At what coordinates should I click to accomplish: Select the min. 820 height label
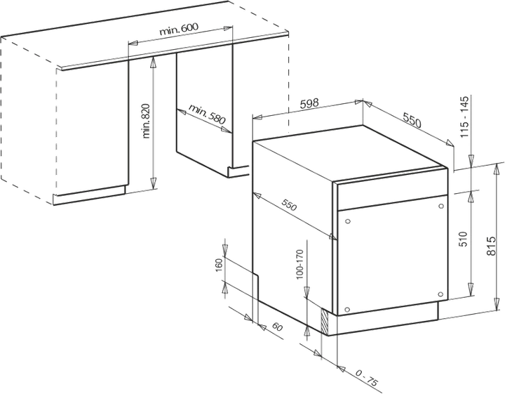[x=146, y=121]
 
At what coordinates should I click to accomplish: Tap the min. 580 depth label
[x=206, y=114]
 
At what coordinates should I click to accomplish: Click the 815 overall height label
[x=491, y=246]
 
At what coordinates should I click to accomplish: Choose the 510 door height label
[x=463, y=239]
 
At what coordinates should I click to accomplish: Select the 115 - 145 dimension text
[x=464, y=117]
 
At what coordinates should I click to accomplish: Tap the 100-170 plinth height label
[x=299, y=264]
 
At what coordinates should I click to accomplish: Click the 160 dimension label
[x=219, y=265]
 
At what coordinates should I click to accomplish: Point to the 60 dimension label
[x=277, y=327]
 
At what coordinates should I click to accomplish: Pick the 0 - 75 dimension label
[x=366, y=378]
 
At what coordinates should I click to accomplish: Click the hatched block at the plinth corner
[x=325, y=321]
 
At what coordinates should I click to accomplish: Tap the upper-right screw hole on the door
[x=441, y=206]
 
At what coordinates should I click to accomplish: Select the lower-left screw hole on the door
[x=347, y=310]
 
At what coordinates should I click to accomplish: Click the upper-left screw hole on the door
[x=347, y=221]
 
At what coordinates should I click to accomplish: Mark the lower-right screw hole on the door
[x=441, y=294]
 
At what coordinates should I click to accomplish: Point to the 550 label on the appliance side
[x=289, y=205]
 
